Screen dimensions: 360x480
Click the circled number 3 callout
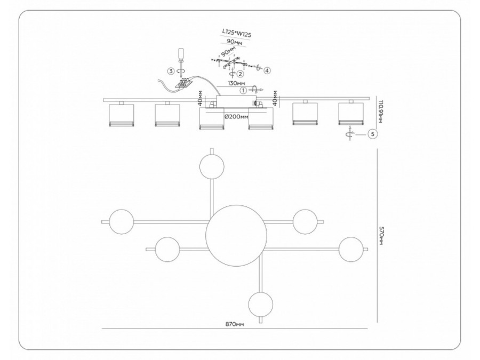[171, 70]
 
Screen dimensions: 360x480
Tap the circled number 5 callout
[372, 134]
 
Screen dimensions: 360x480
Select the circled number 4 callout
[267, 70]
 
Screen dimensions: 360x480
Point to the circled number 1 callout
[244, 91]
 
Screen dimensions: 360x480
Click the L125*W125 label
[236, 34]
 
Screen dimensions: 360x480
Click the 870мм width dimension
[234, 324]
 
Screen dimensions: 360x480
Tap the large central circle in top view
[235, 233]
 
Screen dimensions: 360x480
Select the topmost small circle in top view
[212, 167]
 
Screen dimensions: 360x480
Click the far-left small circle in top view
[121, 221]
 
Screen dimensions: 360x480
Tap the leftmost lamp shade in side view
[120, 115]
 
